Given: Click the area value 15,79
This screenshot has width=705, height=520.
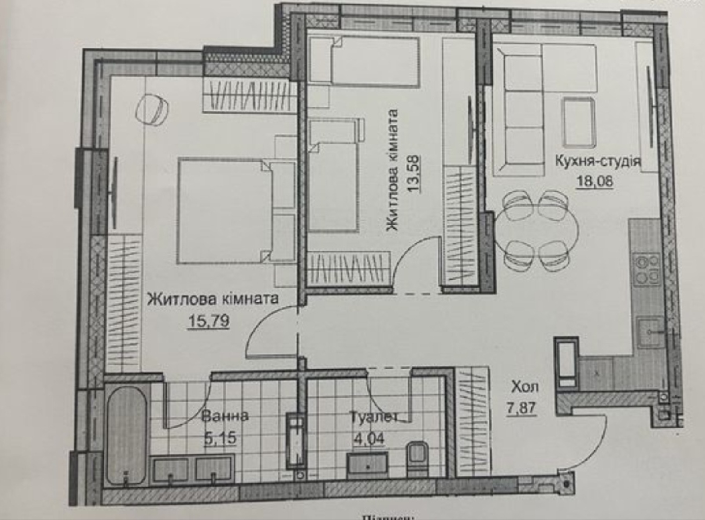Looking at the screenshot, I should (209, 320).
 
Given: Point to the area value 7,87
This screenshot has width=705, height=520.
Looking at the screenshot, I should (521, 407).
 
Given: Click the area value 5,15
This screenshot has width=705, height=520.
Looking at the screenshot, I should (220, 438).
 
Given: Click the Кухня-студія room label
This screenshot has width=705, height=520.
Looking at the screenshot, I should (597, 161).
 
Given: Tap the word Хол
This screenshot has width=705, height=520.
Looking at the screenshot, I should (524, 387).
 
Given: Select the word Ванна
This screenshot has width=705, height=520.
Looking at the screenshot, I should (225, 416).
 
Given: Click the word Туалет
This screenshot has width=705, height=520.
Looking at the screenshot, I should (374, 417).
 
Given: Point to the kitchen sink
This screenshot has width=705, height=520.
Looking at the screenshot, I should (649, 332).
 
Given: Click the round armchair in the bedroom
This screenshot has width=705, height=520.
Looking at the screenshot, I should (152, 110).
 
